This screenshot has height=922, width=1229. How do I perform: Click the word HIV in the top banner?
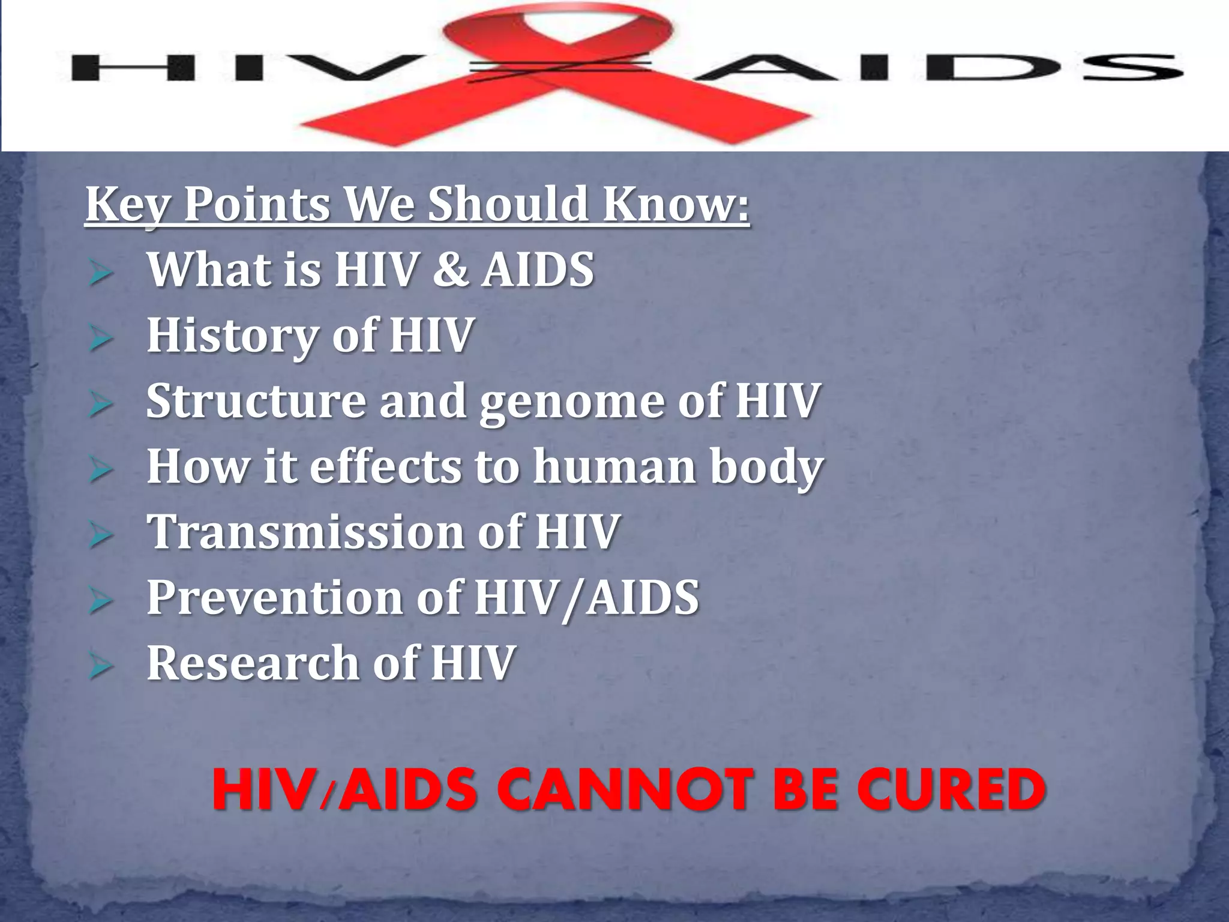pos(240,67)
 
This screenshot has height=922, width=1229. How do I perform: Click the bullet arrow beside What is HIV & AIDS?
pos(100,273)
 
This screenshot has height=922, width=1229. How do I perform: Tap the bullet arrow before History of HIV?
pos(100,339)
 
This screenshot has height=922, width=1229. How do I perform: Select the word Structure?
pos(256,401)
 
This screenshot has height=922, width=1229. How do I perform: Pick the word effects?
pos(385,466)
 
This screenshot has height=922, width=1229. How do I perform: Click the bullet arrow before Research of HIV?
pos(100,667)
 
